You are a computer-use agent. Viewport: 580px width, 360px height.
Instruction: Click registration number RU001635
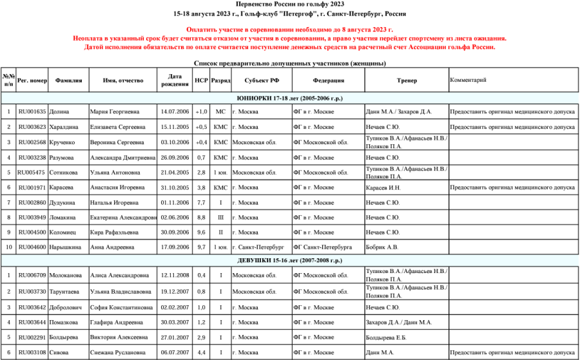click(32, 112)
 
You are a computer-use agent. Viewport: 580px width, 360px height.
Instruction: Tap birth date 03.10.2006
click(174, 142)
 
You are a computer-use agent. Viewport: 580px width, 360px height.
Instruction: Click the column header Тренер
click(407, 81)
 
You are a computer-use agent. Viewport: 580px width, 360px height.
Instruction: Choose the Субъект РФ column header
click(262, 81)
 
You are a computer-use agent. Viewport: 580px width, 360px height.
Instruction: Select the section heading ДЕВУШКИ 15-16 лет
click(289, 260)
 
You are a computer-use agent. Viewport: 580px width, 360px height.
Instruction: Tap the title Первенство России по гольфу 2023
click(289, 4)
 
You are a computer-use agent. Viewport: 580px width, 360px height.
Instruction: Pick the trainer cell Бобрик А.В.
click(382, 247)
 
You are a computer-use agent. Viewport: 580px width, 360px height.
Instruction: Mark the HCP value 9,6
click(201, 232)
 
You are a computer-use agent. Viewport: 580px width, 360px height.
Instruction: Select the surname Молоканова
click(66, 276)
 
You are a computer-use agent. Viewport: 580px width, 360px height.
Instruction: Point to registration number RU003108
click(32, 353)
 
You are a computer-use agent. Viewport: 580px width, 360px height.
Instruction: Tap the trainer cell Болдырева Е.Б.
click(386, 337)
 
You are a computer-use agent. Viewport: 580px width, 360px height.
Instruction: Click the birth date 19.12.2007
click(174, 291)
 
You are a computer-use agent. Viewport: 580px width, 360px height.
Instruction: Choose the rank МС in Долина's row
click(220, 112)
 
